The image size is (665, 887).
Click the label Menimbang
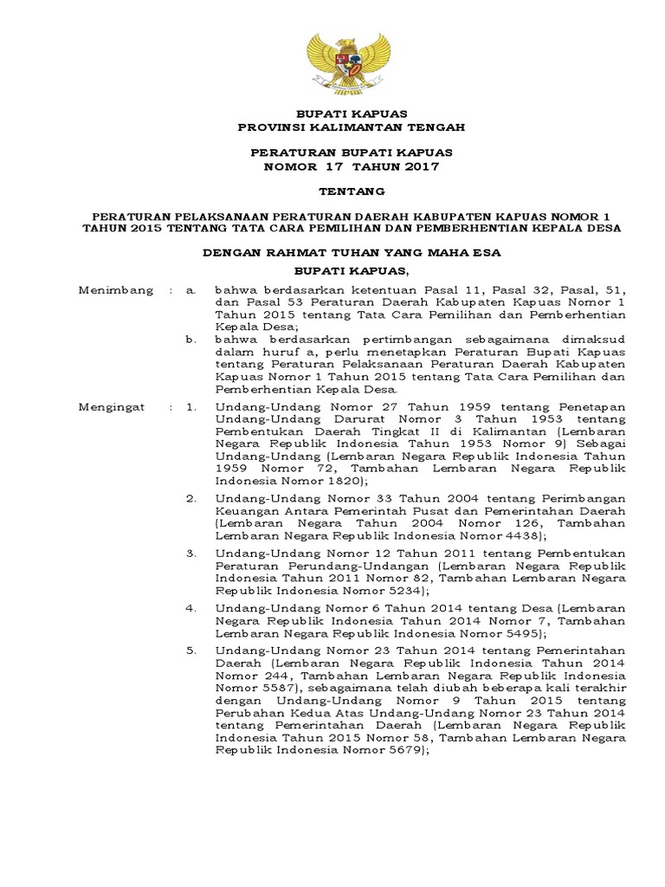click(116, 290)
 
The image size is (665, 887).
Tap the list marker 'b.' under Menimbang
click(191, 340)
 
